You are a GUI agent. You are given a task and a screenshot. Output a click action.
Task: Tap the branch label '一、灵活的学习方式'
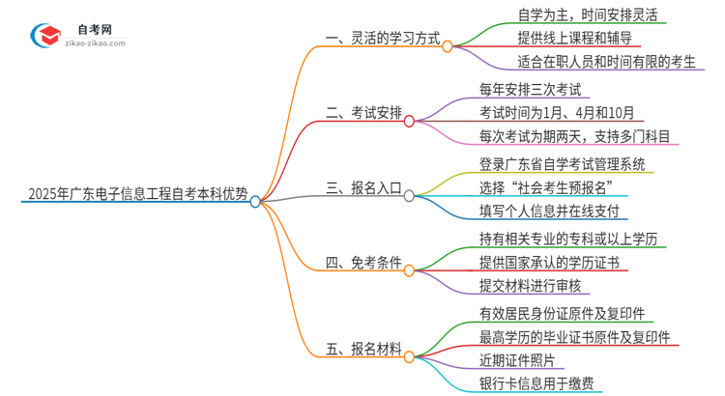click(383, 42)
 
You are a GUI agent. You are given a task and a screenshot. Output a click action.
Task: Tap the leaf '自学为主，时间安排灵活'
click(561, 17)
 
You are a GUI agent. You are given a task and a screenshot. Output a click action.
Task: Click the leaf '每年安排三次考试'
click(530, 90)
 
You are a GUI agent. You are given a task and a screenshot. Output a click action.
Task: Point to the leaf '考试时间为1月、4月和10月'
click(557, 113)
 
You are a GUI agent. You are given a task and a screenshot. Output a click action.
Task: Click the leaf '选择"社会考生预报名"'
click(547, 186)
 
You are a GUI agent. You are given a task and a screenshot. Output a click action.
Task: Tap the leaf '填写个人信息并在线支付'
click(548, 211)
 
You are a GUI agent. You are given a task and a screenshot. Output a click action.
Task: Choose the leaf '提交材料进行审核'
click(530, 285)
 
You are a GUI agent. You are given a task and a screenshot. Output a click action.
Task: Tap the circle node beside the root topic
click(255, 202)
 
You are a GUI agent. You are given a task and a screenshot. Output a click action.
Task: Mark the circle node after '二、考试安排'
click(409, 121)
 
